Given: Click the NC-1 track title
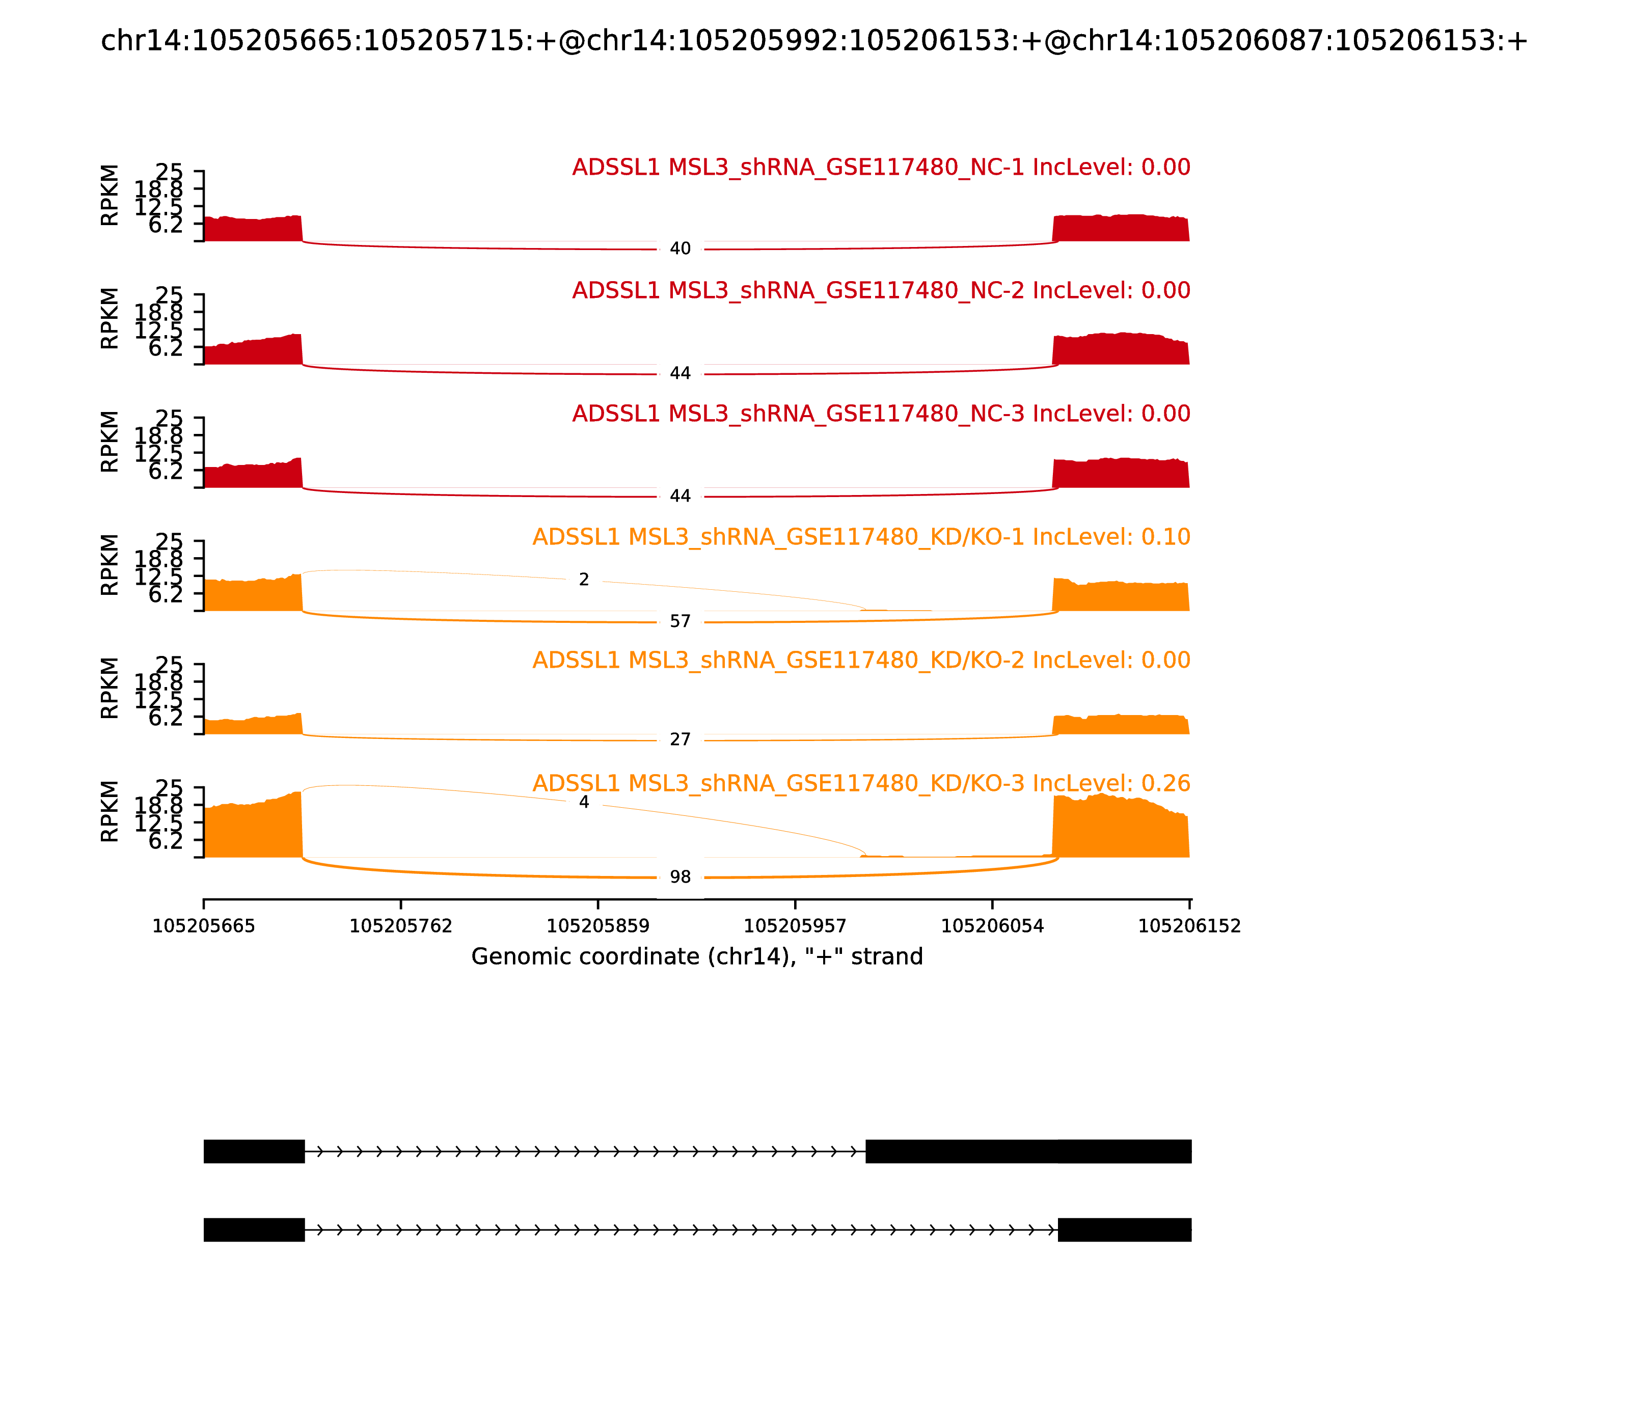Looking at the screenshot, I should pos(881,168).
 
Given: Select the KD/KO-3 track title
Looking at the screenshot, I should pos(861,784).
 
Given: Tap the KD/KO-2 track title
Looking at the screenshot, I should pos(861,661).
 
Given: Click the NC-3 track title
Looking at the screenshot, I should pos(881,414).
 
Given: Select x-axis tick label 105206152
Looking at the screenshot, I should pos(1189,926).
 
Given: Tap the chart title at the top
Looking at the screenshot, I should pos(814,41).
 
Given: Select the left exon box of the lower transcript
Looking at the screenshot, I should pos(254,1229).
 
